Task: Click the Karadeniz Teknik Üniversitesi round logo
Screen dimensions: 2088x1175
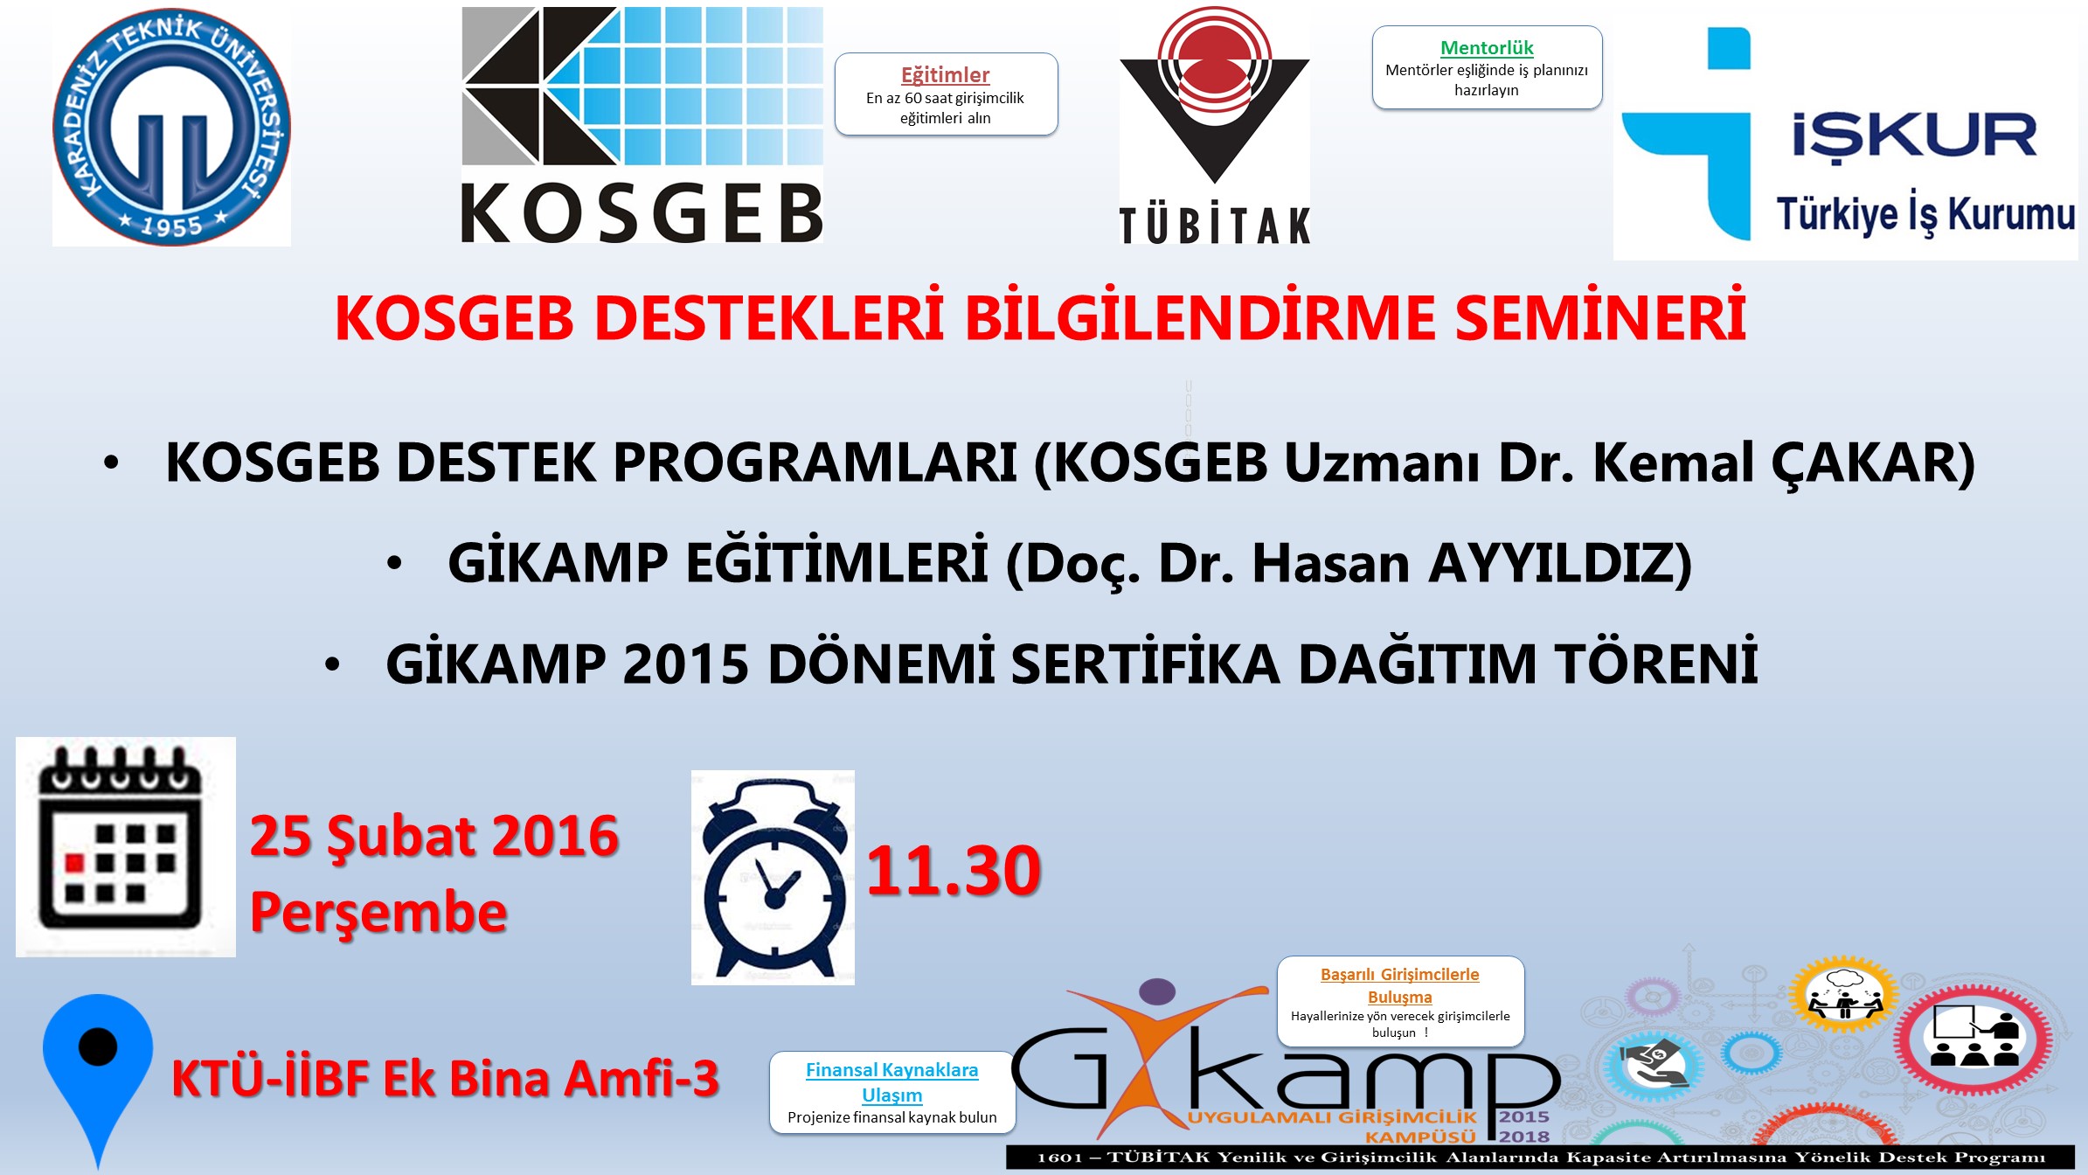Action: tap(172, 128)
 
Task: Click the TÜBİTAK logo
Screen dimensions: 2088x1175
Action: tap(1215, 125)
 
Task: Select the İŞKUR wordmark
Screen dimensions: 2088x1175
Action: tap(1915, 136)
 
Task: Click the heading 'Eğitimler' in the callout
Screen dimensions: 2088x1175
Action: tap(946, 75)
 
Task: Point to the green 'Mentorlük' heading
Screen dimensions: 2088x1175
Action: tap(1487, 48)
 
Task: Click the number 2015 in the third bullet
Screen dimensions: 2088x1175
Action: tap(686, 664)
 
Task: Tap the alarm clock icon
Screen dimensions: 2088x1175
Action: tap(773, 878)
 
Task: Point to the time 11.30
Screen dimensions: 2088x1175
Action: tap(954, 871)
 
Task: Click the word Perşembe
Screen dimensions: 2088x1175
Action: tap(378, 913)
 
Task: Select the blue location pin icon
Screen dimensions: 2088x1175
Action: tap(98, 1081)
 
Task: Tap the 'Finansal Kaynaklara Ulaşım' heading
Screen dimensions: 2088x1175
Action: tap(892, 1082)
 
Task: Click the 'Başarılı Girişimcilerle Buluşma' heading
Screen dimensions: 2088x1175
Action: tap(1400, 985)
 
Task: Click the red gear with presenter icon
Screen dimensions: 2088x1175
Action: tap(1974, 1039)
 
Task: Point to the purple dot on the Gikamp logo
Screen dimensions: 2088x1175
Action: tap(1158, 991)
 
